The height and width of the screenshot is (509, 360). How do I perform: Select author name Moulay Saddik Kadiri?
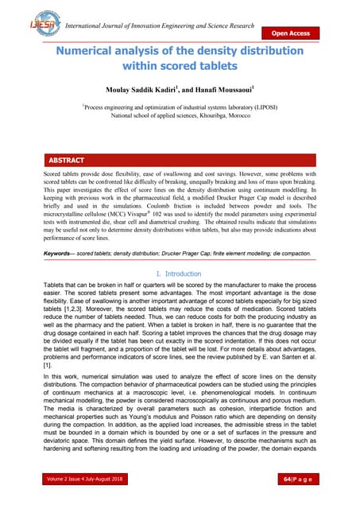point(145,87)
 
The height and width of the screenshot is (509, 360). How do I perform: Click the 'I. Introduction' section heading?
point(180,274)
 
